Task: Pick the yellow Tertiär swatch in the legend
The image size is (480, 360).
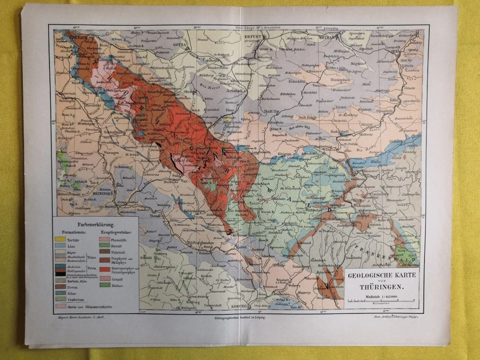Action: click(x=61, y=239)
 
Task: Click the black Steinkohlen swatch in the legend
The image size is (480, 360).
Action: click(x=61, y=273)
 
